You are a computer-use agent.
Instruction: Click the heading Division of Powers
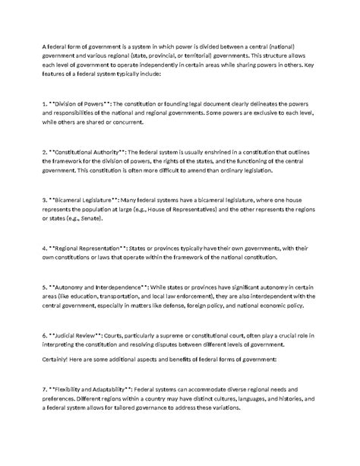(84, 102)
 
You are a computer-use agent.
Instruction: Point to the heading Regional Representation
(95, 249)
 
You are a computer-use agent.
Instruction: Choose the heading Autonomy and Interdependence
(103, 286)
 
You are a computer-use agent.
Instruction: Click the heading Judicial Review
(81, 334)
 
